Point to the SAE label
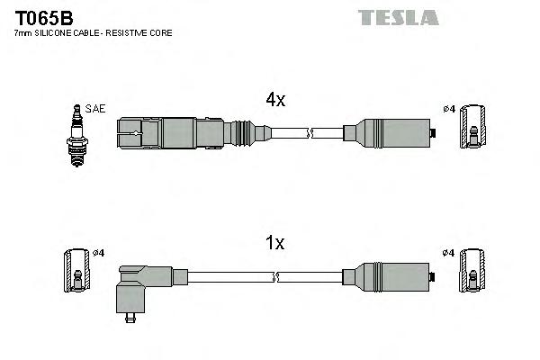point(96,109)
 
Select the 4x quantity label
point(274,101)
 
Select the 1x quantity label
point(274,243)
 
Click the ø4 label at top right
point(449,110)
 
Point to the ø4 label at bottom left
point(99,253)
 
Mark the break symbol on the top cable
point(309,134)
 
